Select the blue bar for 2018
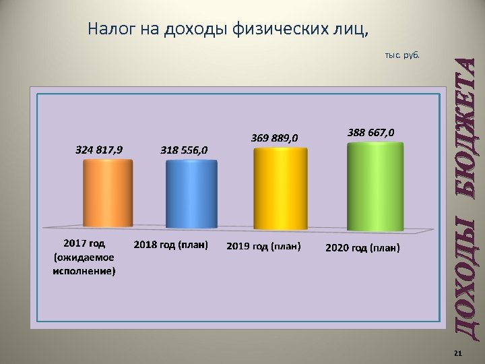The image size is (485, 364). (x=193, y=195)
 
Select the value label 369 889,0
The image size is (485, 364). (x=273, y=138)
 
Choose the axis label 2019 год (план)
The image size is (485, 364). (x=263, y=247)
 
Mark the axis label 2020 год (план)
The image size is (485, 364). (x=362, y=248)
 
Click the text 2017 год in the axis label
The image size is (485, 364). (x=84, y=242)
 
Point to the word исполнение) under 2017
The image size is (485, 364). (x=84, y=271)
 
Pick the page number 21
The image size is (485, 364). (x=458, y=354)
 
